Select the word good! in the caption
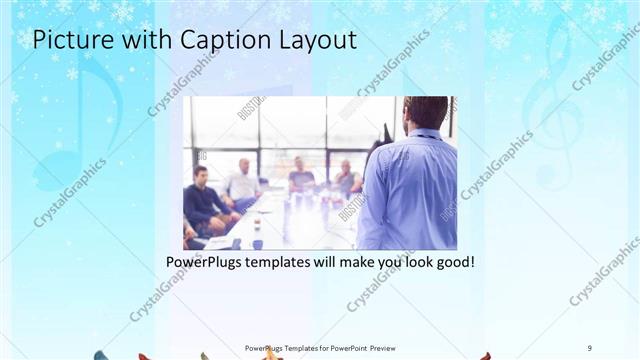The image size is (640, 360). click(451, 262)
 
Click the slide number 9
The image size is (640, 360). click(590, 347)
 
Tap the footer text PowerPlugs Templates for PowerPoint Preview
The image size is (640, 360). click(320, 347)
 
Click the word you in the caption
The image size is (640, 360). click(383, 262)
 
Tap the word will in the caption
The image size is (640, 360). click(325, 262)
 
